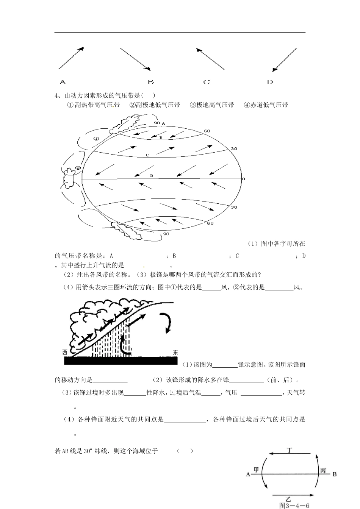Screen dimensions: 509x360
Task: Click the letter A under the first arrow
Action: click(x=63, y=82)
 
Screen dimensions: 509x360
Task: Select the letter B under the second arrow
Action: click(x=150, y=82)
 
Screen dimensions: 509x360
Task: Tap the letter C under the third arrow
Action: click(x=207, y=82)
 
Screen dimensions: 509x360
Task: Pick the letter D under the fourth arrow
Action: click(x=270, y=82)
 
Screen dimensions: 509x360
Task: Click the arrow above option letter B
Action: click(x=135, y=59)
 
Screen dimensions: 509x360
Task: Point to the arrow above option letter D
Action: click(x=285, y=59)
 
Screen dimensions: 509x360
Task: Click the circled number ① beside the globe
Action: click(x=96, y=139)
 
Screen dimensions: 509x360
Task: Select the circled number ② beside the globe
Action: click(x=78, y=168)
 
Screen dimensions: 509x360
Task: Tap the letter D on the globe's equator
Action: click(x=151, y=176)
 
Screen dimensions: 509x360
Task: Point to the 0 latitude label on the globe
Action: click(x=244, y=179)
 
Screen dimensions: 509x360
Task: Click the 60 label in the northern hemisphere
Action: click(x=207, y=131)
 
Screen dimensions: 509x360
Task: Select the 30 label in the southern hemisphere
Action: click(x=234, y=207)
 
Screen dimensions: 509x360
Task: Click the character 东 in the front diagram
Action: click(x=175, y=352)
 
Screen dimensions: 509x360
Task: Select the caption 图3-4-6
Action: click(x=294, y=505)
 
